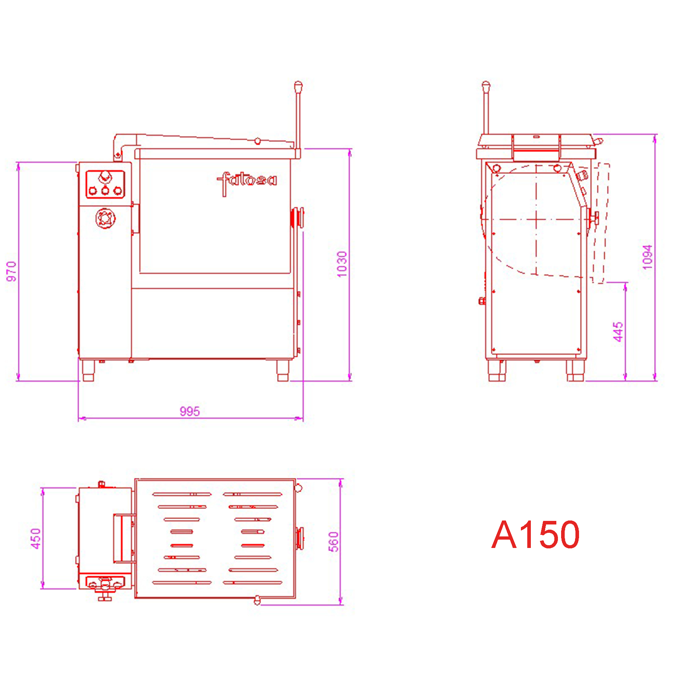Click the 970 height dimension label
[x=12, y=271]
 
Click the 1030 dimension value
[x=342, y=264]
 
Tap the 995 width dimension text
[x=190, y=411]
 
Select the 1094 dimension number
[x=648, y=257]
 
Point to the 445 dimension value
[x=618, y=332]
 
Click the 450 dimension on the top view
[x=36, y=538]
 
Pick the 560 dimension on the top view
[x=333, y=542]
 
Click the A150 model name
[x=535, y=534]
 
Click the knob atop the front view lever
[x=298, y=86]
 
